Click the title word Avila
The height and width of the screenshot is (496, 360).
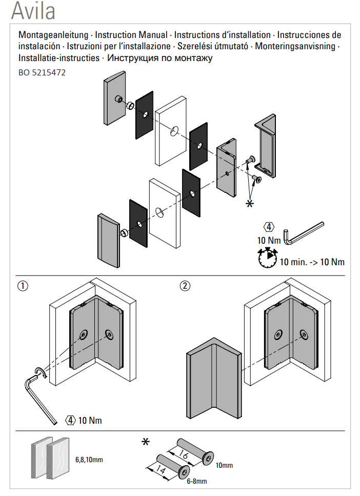(x=33, y=11)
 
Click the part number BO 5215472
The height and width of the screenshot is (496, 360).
(x=42, y=73)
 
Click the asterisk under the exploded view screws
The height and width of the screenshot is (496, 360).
(x=250, y=204)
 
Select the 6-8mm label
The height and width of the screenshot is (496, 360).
(x=196, y=481)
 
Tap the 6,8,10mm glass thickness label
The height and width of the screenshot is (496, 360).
(x=89, y=460)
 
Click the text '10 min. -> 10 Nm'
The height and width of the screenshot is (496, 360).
(x=312, y=262)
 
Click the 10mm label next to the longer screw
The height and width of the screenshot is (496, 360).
(x=224, y=465)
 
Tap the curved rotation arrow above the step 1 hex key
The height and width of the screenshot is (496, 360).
(x=41, y=372)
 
